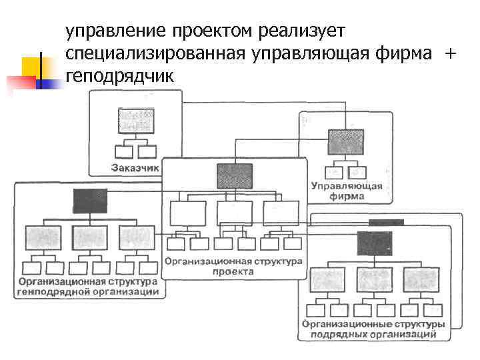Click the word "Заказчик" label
pyautogui.click(x=135, y=168)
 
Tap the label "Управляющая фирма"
pyautogui.click(x=346, y=191)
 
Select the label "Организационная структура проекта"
pyautogui.click(x=233, y=267)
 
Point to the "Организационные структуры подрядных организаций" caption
pyautogui.click(x=373, y=329)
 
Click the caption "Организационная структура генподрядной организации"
pyautogui.click(x=88, y=287)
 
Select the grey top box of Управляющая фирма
pyautogui.click(x=346, y=142)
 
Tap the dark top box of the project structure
pyautogui.click(x=235, y=175)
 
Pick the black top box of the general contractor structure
pyautogui.click(x=90, y=201)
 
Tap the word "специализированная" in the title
pyautogui.click(x=145, y=54)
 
